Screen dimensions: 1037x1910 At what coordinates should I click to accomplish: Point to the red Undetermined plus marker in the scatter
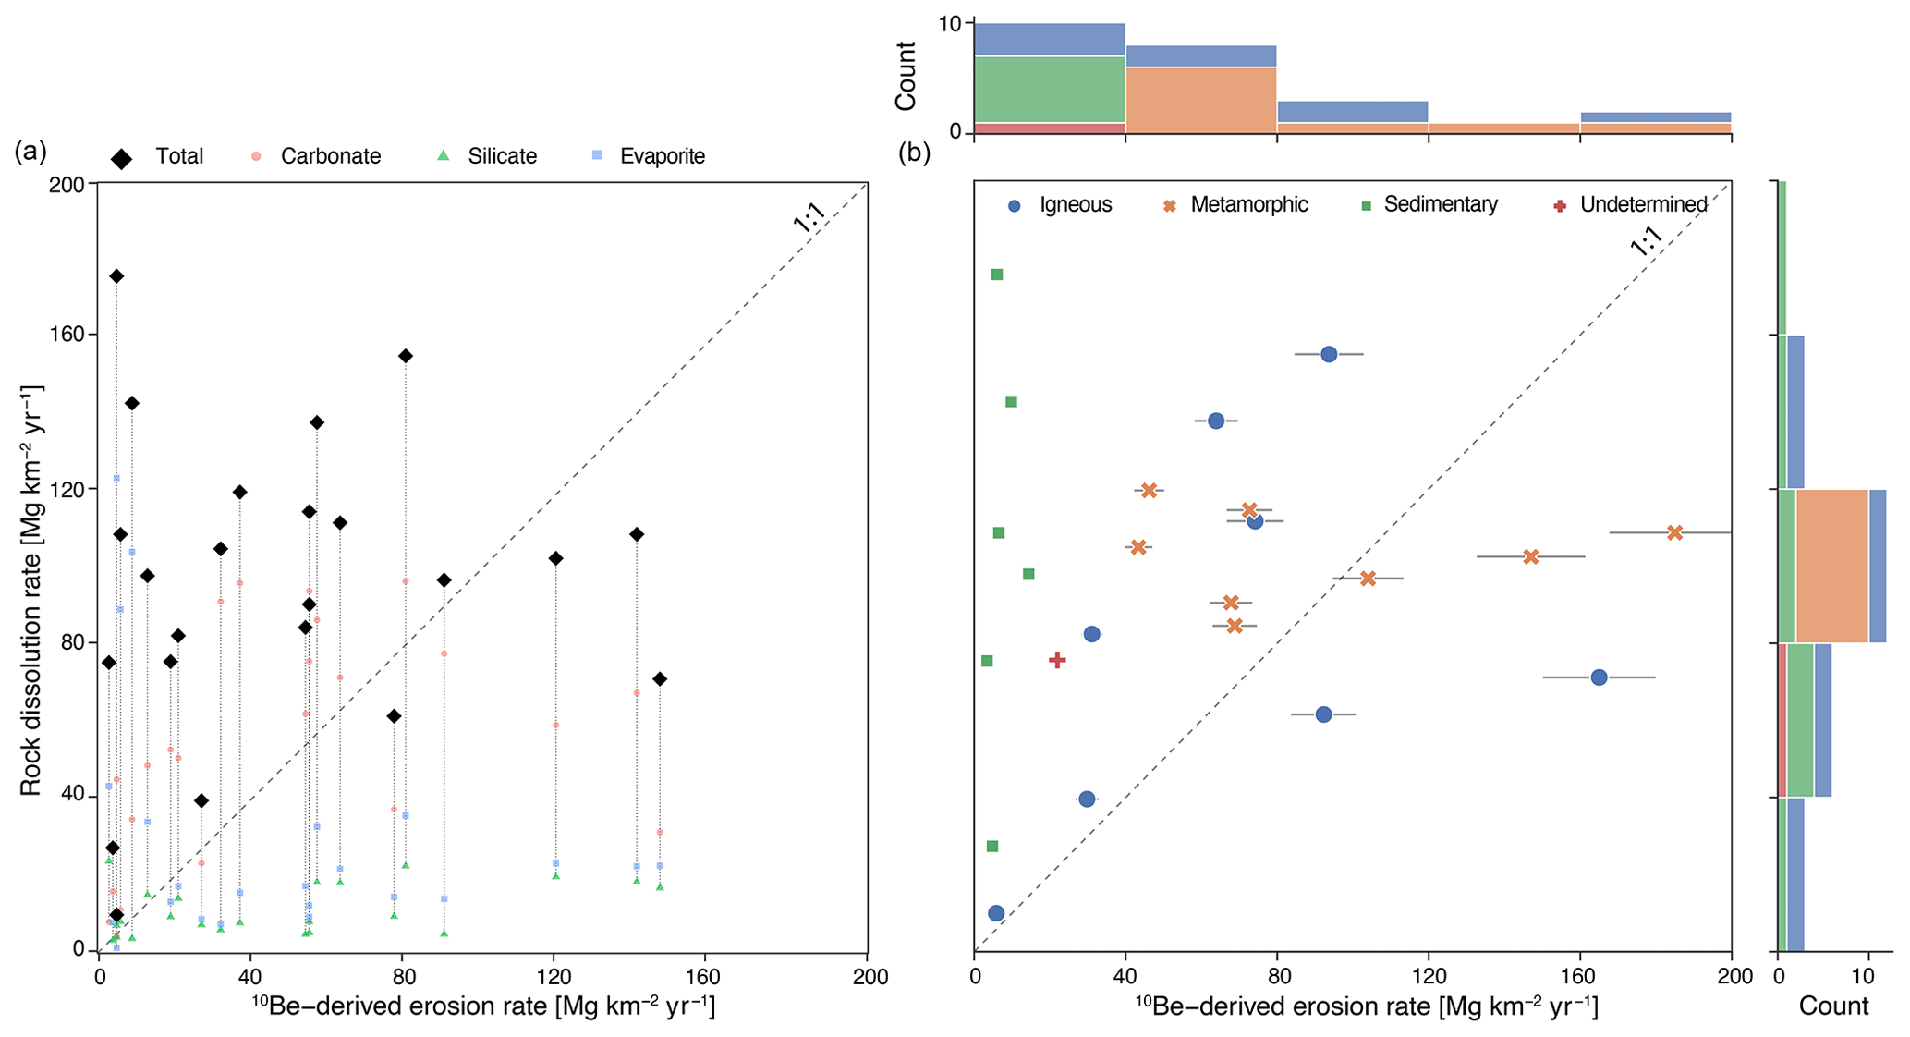pos(1057,660)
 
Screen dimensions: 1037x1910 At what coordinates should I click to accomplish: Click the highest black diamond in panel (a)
pos(116,276)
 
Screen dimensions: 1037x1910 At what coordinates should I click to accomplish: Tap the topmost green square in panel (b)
pos(997,274)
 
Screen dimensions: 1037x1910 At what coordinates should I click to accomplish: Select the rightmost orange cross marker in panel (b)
pos(1674,532)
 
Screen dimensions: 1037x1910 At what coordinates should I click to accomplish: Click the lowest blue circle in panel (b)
pos(995,913)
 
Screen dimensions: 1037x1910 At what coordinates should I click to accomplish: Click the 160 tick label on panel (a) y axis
pos(67,335)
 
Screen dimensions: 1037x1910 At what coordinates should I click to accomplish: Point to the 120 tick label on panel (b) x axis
pos(1428,977)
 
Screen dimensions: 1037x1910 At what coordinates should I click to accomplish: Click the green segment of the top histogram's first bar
pos(1049,90)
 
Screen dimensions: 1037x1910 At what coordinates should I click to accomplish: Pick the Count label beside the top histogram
pos(906,76)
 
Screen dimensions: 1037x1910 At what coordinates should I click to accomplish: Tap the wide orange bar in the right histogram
pos(1831,566)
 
